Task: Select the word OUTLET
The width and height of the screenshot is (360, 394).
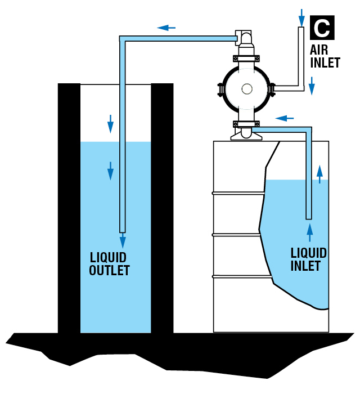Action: (110, 270)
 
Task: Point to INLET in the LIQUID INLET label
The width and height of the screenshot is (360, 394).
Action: (306, 265)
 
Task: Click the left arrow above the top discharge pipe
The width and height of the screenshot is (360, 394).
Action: (166, 27)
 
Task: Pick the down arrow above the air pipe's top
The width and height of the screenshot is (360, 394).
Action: (301, 14)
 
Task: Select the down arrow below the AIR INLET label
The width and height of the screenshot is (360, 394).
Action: (312, 86)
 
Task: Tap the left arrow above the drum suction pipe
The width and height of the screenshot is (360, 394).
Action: (285, 118)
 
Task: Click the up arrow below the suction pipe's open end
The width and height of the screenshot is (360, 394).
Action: (309, 232)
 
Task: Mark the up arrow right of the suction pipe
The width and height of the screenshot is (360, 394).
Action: (320, 174)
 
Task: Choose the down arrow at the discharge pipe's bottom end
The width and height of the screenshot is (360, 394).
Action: (123, 241)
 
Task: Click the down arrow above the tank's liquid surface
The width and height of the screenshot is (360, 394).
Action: (111, 122)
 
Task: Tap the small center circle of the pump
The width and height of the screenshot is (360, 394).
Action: (246, 89)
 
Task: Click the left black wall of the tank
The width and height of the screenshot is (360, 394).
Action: (69, 208)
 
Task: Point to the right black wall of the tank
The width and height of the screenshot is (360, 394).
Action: (162, 208)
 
